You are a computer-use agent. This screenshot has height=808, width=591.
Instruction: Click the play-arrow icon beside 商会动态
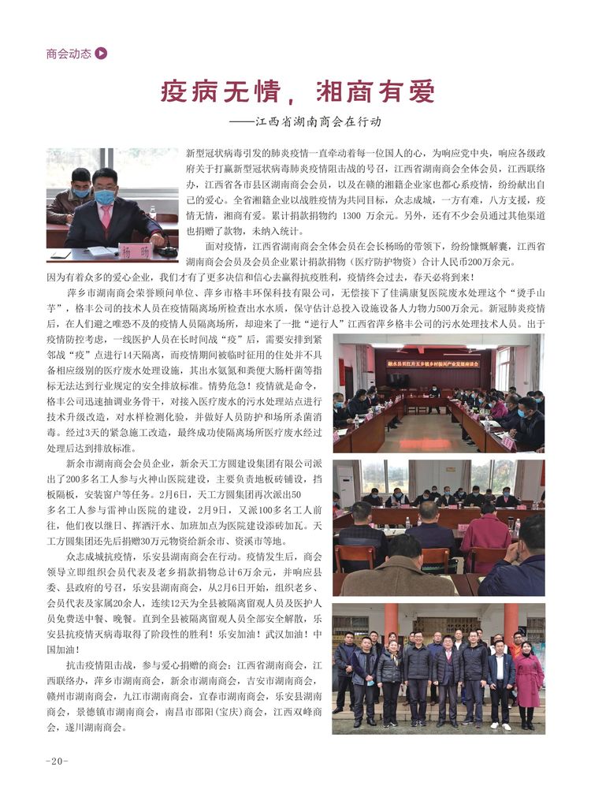(x=101, y=54)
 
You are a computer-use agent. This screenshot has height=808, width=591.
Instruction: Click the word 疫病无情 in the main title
(x=212, y=91)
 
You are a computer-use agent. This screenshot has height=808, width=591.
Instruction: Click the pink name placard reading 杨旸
(x=134, y=251)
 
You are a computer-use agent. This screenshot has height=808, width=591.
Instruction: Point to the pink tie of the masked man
(x=106, y=216)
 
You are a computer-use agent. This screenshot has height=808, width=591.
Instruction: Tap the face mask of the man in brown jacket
(x=80, y=192)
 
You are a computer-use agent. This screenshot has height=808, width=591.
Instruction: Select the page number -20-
(x=58, y=761)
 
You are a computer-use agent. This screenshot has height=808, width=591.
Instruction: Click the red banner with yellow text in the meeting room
(x=434, y=363)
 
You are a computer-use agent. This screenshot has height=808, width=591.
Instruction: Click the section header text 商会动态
(x=69, y=54)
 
